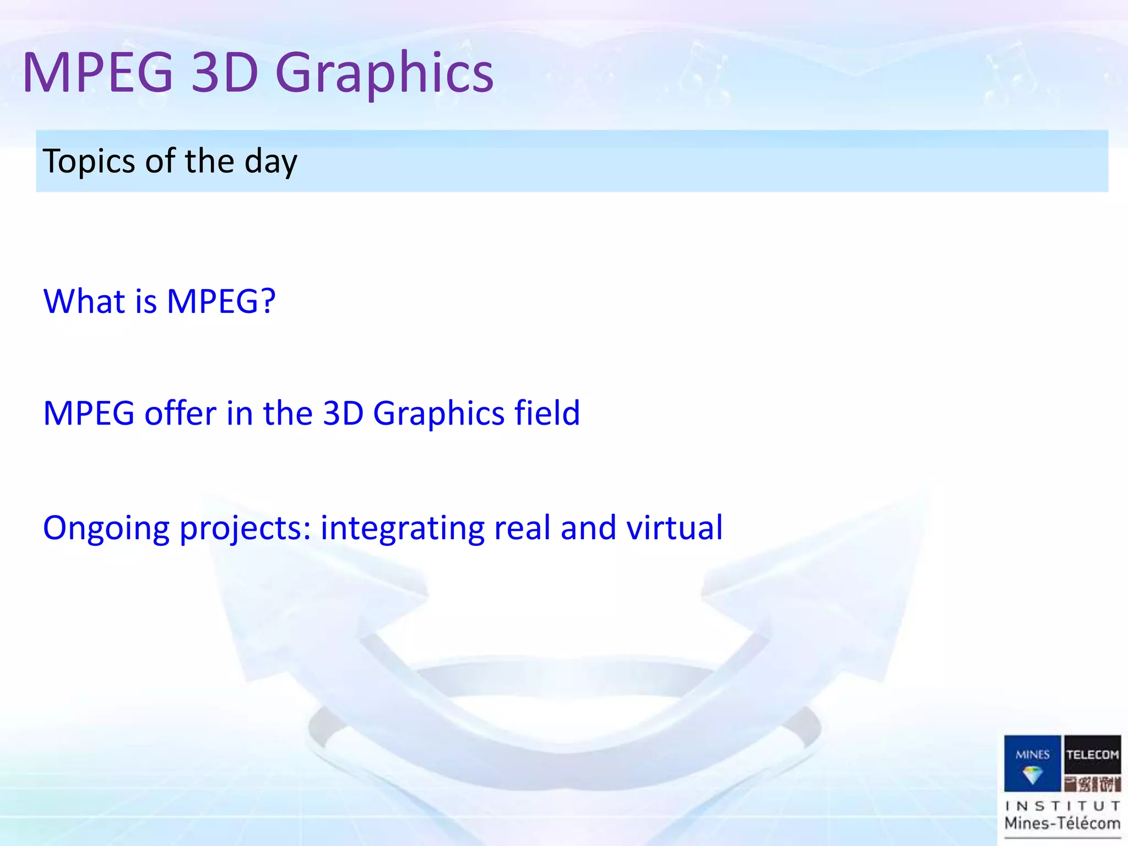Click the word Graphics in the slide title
click(384, 73)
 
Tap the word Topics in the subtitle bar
click(89, 161)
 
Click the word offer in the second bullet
click(180, 413)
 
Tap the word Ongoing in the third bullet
click(106, 528)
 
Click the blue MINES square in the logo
click(1032, 763)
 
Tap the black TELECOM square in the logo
click(1092, 755)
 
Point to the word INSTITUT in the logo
click(1062, 806)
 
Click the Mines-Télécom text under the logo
click(1062, 823)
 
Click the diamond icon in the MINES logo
click(1032, 775)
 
